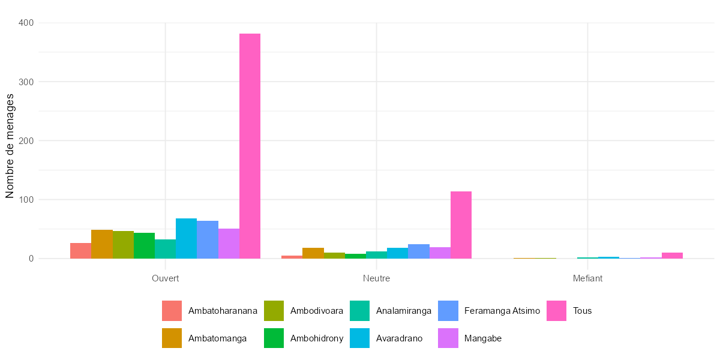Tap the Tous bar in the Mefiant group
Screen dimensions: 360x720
[x=672, y=256]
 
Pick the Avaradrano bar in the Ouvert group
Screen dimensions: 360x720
[x=186, y=238]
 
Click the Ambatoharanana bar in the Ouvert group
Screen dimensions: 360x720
[x=80, y=251]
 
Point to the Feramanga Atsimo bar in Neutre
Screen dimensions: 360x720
[x=419, y=251]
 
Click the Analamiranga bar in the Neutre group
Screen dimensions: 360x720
[x=376, y=255]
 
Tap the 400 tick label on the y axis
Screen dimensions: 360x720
[x=26, y=23]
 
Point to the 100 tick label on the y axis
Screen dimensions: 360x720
[x=26, y=200]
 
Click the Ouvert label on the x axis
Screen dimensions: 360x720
[x=166, y=278]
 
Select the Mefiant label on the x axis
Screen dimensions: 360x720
[x=587, y=278]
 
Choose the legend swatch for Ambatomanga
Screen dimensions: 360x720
[x=172, y=338]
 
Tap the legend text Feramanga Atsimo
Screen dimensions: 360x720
[x=502, y=311]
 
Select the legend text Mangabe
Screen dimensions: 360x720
[x=482, y=338]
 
